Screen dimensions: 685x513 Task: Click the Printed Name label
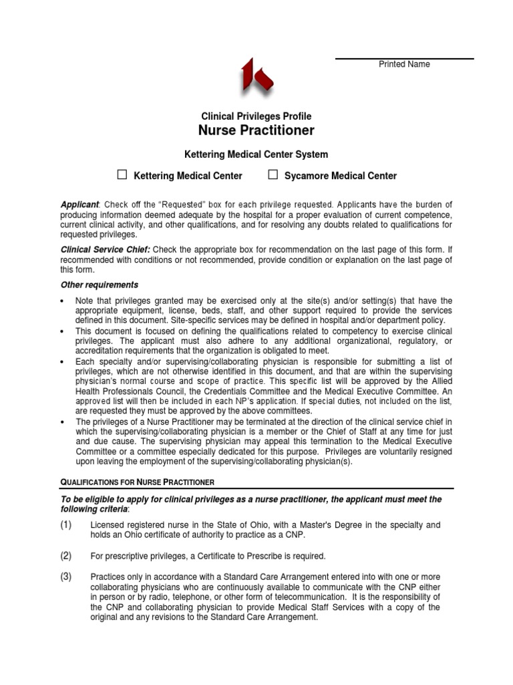404,64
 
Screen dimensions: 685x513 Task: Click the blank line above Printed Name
404,58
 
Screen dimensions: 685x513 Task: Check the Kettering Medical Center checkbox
122,175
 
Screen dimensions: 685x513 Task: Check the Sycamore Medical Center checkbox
273,175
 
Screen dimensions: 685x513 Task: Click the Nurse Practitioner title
256,130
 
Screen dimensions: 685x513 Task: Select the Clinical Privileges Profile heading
256,116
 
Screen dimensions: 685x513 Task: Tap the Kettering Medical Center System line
256,155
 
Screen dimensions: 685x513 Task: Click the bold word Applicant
79,204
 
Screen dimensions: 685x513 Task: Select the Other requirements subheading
100,285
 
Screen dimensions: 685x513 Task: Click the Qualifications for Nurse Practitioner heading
137,482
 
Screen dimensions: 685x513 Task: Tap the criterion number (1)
66,525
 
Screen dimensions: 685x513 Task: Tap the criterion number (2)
66,556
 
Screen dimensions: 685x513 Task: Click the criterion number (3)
66,577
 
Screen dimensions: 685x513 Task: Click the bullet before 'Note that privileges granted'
63,302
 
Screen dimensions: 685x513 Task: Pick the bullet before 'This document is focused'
63,332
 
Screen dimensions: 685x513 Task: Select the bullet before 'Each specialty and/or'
63,362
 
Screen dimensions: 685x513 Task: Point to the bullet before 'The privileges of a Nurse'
63,422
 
